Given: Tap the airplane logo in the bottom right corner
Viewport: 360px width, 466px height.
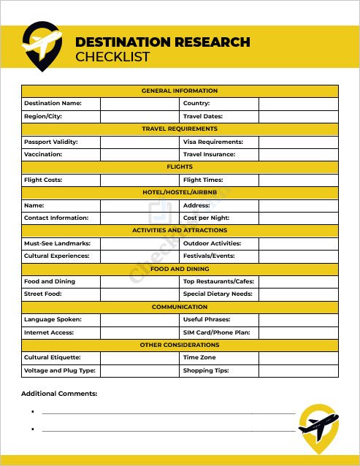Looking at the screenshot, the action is click(x=318, y=427).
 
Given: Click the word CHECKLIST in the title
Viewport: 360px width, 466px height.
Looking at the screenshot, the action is click(x=112, y=57).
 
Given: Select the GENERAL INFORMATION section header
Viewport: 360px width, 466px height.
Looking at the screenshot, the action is click(x=180, y=91).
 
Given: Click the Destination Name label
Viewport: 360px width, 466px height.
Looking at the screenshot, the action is click(x=53, y=104).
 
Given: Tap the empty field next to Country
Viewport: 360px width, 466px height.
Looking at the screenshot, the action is click(x=298, y=104).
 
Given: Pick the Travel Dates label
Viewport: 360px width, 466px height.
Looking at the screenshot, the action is click(x=203, y=116).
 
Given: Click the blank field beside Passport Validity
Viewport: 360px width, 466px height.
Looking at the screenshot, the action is click(x=139, y=142).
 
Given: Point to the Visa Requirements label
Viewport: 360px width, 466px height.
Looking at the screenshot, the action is click(x=213, y=142).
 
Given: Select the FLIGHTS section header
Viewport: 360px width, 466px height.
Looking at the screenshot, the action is click(x=180, y=167).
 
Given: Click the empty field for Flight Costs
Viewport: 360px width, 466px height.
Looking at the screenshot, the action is click(x=139, y=180).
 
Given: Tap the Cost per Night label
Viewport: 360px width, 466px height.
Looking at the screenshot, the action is click(x=207, y=218).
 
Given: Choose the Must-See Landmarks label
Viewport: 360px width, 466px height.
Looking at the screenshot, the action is click(x=57, y=243).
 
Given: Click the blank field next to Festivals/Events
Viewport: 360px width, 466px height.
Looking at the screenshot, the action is click(x=298, y=256).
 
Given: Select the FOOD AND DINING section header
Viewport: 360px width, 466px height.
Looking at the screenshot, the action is click(x=180, y=269).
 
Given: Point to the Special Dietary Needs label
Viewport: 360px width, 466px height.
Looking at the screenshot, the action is click(x=218, y=294).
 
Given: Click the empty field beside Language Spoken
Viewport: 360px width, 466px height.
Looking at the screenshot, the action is click(x=139, y=319).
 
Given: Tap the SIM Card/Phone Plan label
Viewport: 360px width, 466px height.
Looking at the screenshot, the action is click(x=217, y=332).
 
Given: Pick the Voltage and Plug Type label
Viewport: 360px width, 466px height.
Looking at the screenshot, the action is click(x=60, y=370).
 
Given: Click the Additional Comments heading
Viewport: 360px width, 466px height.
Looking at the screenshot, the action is click(x=59, y=394).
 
